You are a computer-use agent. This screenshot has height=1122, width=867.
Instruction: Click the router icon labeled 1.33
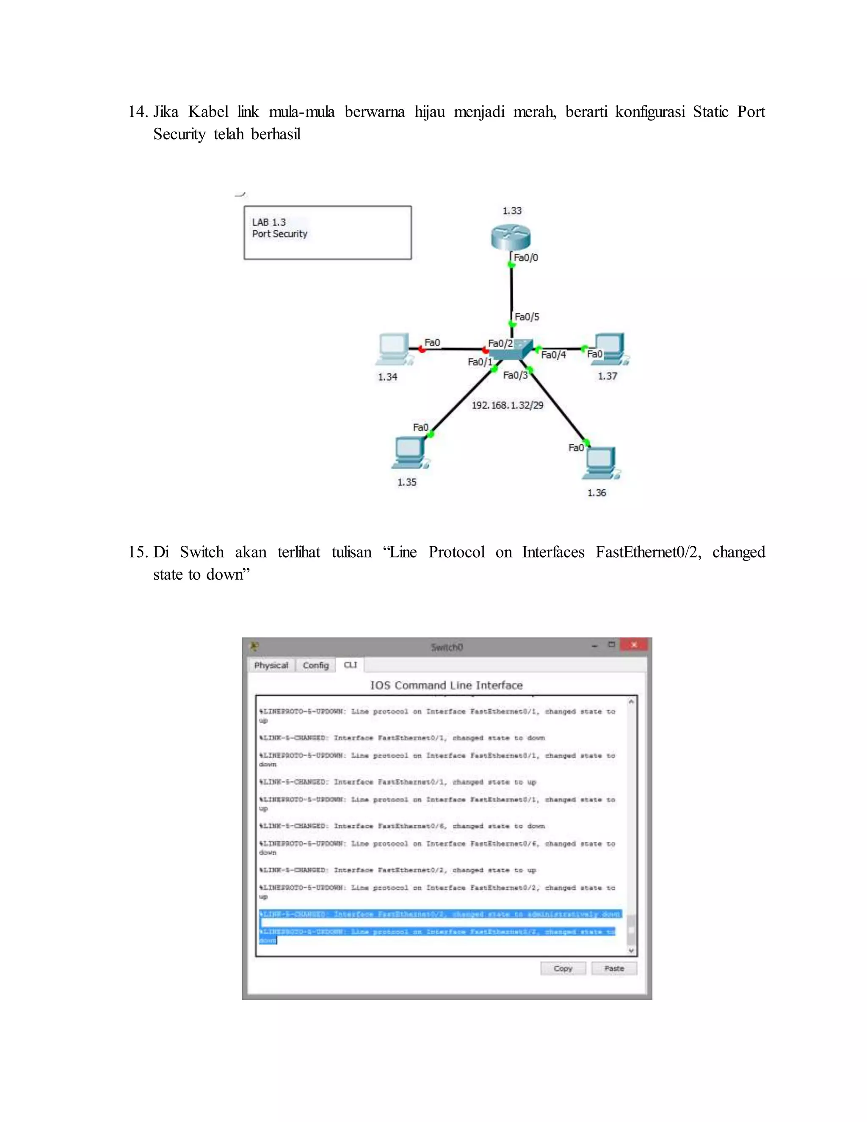coord(510,238)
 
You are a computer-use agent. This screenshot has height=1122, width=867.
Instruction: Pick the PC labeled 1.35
coord(410,452)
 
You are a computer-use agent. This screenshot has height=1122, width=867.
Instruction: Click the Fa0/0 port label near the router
coord(526,257)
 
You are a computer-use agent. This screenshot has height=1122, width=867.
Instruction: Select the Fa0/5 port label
coord(527,317)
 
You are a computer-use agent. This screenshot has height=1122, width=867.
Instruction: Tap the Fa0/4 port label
coord(553,355)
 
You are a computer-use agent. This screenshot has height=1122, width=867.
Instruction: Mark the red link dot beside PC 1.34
coord(422,349)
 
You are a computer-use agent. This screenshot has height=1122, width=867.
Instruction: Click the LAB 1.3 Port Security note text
coord(279,228)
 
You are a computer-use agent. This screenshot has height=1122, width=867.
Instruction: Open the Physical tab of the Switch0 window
coord(271,665)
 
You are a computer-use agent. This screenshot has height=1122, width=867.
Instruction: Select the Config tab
coord(315,665)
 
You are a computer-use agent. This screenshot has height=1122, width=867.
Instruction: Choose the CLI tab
coord(350,665)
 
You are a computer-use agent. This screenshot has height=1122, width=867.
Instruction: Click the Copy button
coord(563,968)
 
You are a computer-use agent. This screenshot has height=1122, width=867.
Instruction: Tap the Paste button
coord(614,968)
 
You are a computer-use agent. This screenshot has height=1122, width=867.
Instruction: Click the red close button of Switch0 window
coord(634,645)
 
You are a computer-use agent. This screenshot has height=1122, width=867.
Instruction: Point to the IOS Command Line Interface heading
coord(446,685)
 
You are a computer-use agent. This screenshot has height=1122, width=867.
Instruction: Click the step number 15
coord(138,552)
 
